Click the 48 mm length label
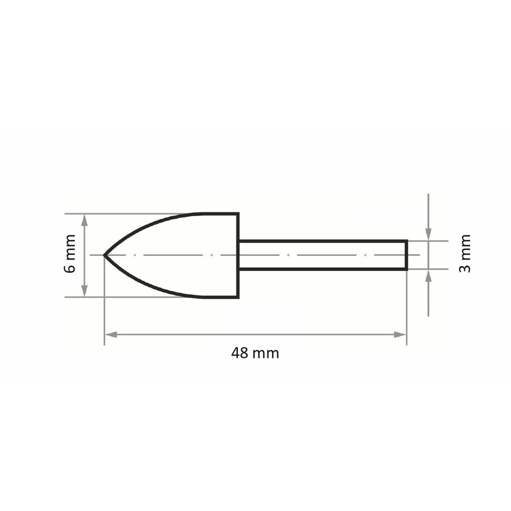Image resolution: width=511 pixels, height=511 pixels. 255,353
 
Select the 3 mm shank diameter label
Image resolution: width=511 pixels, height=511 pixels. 465,253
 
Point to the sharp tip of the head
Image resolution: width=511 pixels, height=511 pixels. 103,255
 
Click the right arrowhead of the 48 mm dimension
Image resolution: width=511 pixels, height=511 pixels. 400,335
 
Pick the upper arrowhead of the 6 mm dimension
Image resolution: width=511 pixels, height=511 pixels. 84,220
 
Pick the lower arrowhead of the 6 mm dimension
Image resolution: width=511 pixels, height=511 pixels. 84,290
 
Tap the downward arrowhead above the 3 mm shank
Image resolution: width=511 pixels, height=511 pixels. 428,234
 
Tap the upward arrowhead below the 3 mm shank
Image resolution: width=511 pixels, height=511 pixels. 428,276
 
